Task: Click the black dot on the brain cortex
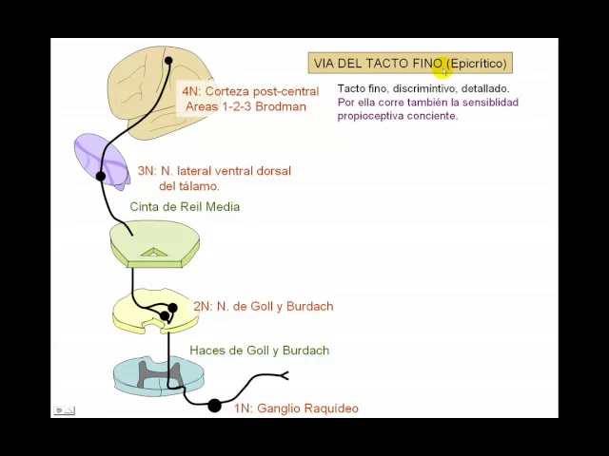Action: point(168,61)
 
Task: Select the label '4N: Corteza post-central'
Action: point(249,91)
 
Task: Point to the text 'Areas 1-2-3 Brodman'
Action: point(246,106)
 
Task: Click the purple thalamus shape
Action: point(100,159)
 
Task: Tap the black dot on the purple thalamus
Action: point(101,176)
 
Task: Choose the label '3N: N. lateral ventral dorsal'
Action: point(213,171)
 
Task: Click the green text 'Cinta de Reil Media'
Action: point(185,206)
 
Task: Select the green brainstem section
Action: point(154,242)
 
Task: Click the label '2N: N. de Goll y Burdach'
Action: point(263,306)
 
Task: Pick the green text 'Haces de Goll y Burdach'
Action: point(259,350)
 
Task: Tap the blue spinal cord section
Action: point(158,374)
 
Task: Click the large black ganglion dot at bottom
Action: point(214,406)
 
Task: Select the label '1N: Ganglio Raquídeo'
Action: point(296,408)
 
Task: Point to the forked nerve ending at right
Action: point(283,375)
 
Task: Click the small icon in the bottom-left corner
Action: point(65,410)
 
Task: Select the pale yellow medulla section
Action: point(143,310)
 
